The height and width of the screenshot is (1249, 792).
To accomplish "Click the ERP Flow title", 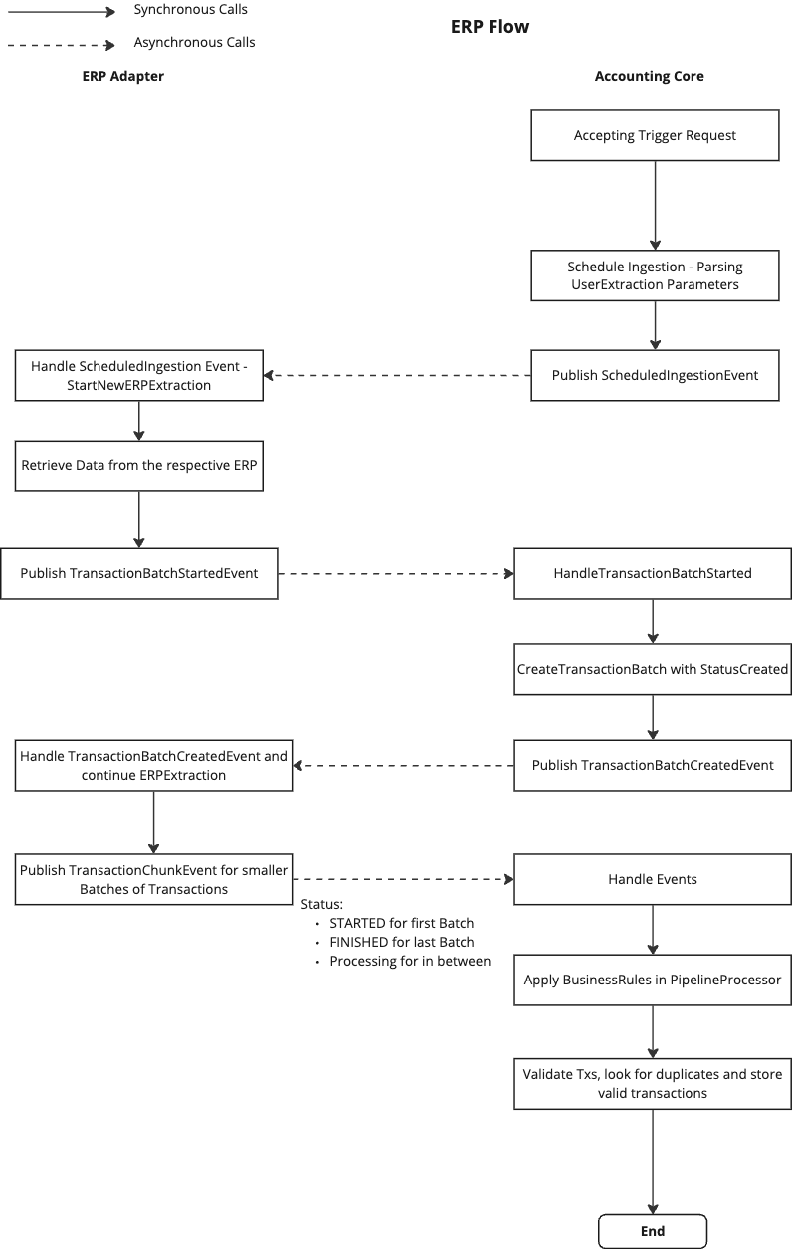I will [490, 27].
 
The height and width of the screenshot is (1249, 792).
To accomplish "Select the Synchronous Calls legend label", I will [190, 10].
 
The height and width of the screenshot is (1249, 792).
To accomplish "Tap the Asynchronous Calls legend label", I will [194, 43].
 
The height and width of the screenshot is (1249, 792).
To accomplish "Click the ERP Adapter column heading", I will [122, 76].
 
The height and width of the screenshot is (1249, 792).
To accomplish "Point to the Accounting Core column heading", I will [649, 76].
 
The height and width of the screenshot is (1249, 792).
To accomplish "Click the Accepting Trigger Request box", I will [655, 135].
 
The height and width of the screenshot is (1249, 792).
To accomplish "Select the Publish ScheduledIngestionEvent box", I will [655, 375].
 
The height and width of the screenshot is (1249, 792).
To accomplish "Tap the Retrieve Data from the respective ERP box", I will [138, 465].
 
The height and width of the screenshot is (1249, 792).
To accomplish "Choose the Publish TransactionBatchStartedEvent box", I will [138, 573].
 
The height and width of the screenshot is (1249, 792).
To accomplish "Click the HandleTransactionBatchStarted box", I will [652, 573].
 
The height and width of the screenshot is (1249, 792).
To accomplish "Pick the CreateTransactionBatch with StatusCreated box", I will [652, 669].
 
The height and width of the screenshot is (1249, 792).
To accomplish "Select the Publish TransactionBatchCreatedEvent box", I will [652, 765].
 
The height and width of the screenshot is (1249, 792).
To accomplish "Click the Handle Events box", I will [652, 879].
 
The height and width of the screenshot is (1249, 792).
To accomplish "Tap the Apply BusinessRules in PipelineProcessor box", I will [652, 980].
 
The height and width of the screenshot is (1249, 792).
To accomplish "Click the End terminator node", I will [652, 1231].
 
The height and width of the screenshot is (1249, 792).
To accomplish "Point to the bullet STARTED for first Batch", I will [401, 923].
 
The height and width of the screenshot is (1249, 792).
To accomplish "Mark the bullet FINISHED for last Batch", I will [401, 942].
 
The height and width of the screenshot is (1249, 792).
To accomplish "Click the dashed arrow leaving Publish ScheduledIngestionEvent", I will [397, 375].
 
